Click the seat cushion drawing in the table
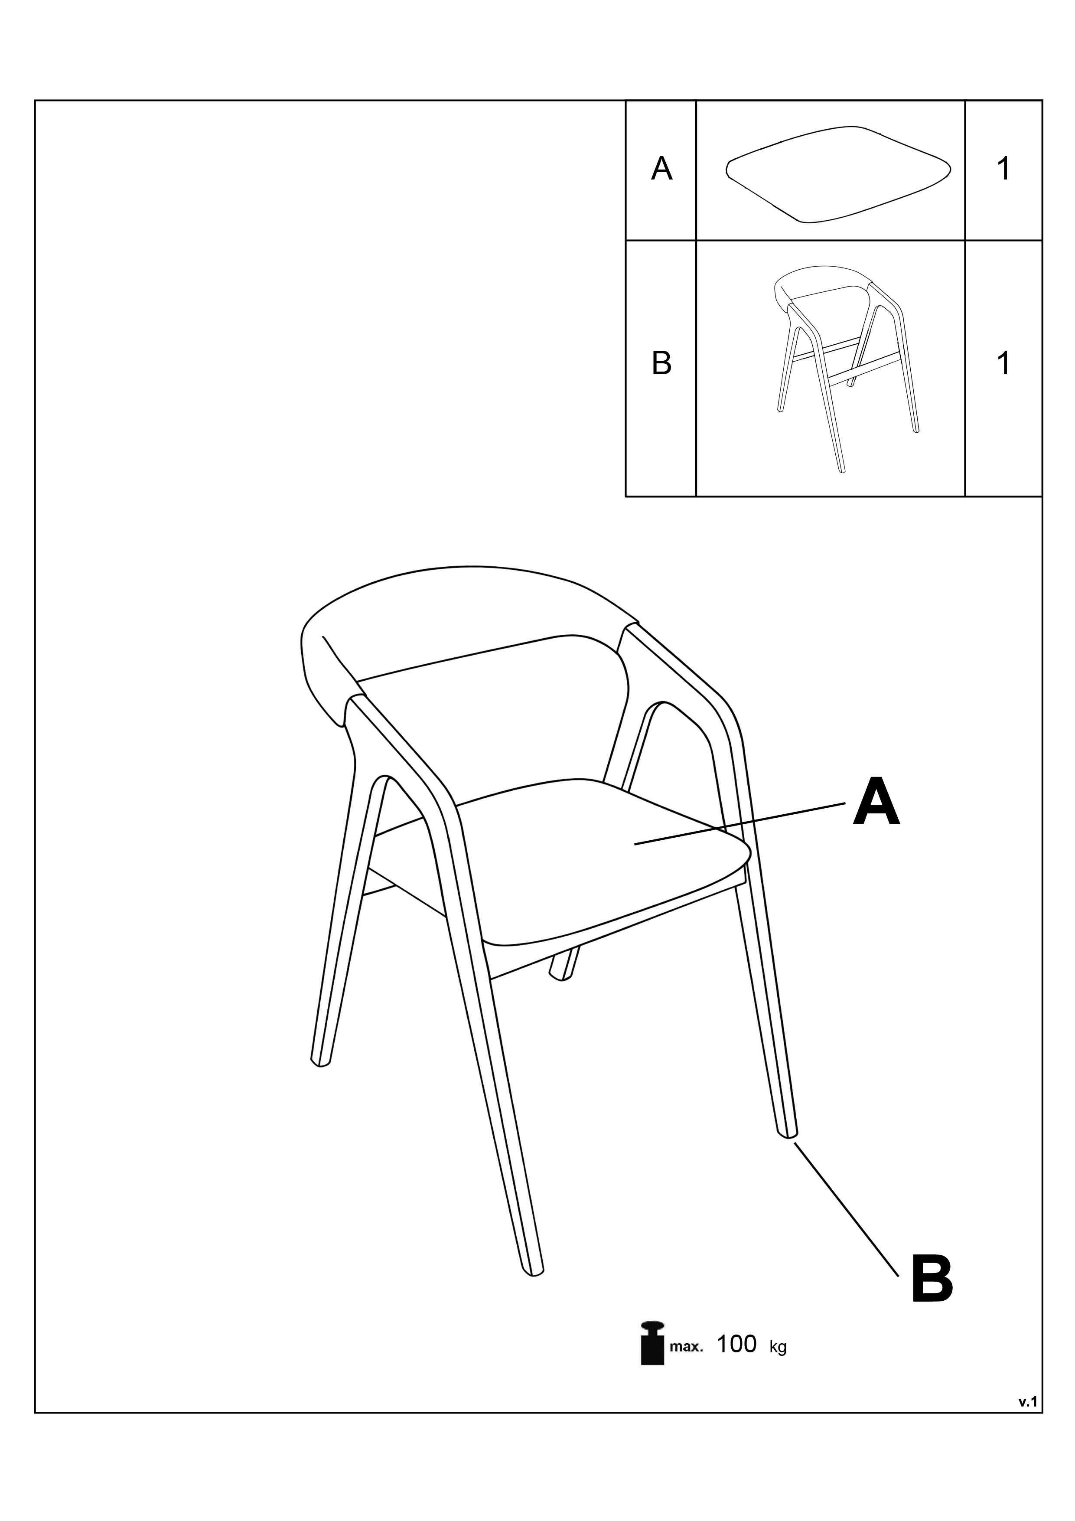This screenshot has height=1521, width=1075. (838, 173)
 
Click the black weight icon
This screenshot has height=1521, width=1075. (652, 1343)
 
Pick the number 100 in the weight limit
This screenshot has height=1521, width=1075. (736, 1344)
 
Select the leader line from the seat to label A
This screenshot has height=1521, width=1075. (740, 823)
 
